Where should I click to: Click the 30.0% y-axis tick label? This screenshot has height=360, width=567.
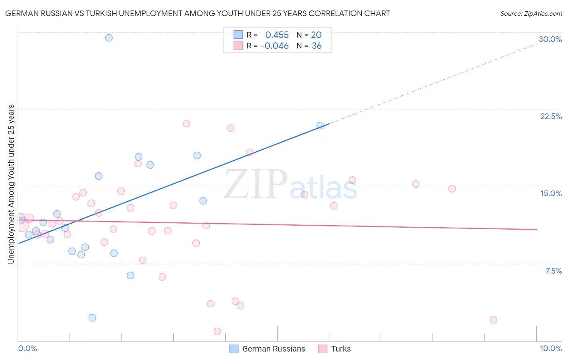tap(550, 39)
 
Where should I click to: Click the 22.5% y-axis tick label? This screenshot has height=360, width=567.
tap(551, 116)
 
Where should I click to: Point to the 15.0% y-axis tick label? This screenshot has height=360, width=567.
tap(551, 193)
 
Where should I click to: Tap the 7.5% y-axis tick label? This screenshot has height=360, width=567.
tap(553, 271)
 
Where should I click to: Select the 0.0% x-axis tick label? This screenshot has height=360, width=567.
tap(27, 348)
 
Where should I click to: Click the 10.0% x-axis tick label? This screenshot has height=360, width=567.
tap(550, 348)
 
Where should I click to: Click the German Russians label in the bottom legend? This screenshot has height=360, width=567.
tap(273, 349)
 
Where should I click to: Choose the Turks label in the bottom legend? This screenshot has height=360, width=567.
tap(341, 349)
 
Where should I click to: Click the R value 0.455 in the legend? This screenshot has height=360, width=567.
tap(277, 35)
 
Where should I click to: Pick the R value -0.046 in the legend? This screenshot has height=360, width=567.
tap(275, 46)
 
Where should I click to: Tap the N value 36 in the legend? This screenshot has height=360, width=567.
tap(317, 46)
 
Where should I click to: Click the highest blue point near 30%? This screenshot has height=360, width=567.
tap(109, 38)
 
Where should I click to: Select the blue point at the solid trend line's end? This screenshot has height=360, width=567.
tap(320, 126)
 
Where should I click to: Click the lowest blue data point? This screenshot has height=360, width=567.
tap(92, 318)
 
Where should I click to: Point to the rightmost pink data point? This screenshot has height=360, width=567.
tap(493, 320)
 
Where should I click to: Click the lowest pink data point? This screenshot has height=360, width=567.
tap(217, 331)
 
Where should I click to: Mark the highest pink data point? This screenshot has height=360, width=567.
tap(186, 123)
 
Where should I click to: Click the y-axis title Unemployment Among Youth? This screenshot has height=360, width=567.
tap(11, 184)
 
